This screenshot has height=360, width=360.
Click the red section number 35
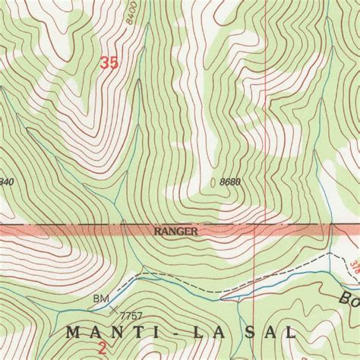[109, 65]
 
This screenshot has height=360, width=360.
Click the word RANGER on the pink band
[176, 230]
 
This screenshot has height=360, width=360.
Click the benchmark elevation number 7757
[131, 314]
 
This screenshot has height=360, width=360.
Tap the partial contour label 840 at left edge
[7, 182]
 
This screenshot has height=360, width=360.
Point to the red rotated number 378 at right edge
[354, 266]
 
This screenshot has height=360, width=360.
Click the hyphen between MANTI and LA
[168, 333]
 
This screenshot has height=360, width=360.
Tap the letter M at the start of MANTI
[73, 333]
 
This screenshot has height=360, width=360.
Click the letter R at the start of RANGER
[157, 230]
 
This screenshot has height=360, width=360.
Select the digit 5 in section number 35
[114, 65]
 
